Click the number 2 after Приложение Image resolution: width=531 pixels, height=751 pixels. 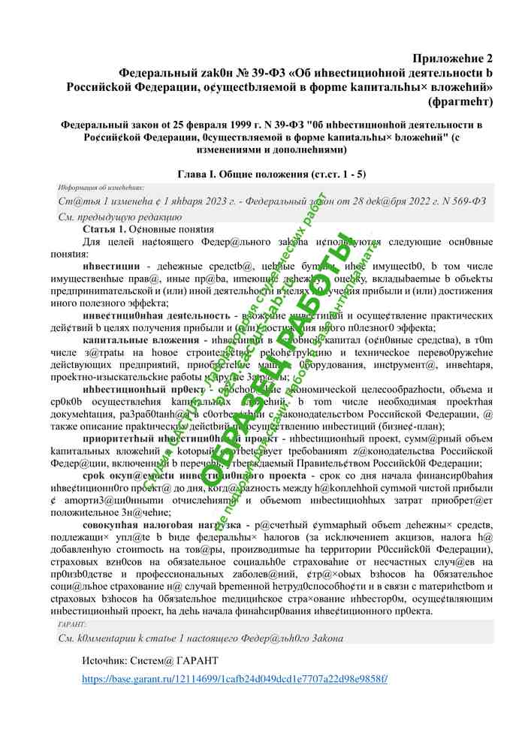[489, 59]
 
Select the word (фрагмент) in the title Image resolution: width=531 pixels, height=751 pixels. [459, 101]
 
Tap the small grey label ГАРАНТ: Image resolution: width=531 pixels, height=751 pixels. [72, 625]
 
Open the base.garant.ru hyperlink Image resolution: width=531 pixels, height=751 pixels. [235, 680]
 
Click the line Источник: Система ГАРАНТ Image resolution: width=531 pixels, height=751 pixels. [150, 661]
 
